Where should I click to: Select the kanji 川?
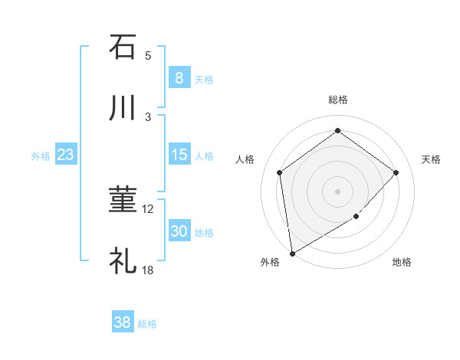123,107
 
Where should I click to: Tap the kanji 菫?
123,201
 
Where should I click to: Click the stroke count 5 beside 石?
148,55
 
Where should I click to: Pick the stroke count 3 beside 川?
148,116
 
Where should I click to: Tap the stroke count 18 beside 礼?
148,270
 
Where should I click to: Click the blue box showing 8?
179,77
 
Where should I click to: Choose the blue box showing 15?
179,155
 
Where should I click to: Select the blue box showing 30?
179,231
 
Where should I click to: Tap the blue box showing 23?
66,155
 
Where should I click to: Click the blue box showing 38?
123,322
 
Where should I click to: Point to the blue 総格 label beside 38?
147,324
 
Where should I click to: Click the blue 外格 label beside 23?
41,156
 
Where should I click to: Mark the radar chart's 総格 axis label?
337,100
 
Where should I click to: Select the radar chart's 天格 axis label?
432,159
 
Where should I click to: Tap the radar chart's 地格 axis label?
402,262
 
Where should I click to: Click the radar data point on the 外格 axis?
292,253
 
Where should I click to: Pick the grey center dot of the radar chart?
337,191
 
